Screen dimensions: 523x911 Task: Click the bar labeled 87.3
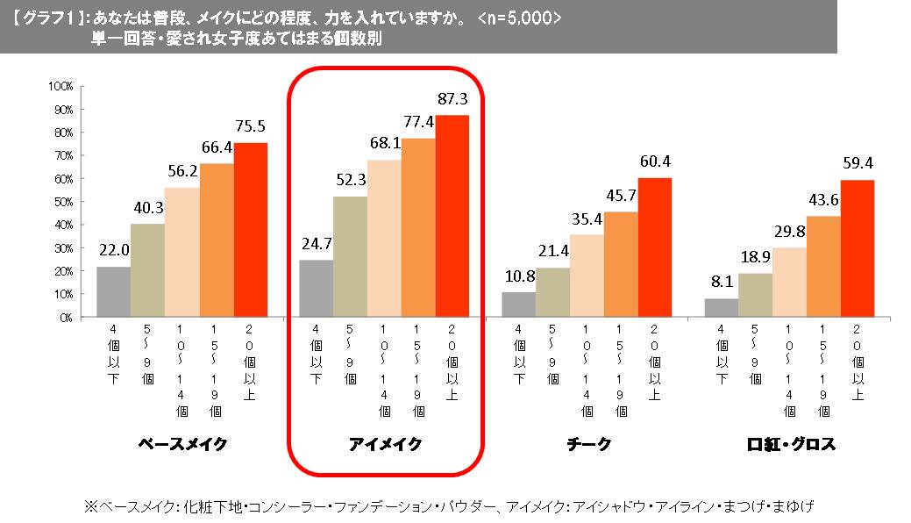coord(452,216)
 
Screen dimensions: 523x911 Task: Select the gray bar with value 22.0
coord(113,292)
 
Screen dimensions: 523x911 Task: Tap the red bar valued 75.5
coord(250,230)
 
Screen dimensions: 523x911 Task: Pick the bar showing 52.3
coord(350,257)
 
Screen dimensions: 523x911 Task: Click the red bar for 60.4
coord(654,247)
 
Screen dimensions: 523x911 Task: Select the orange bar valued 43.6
coord(823,267)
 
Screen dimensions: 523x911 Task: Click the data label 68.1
coord(384,143)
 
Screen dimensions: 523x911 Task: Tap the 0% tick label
coord(66,318)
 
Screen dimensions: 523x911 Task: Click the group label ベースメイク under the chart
coord(182,444)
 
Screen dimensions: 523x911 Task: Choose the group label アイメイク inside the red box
coord(385,444)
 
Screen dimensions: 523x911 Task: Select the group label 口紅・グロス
coord(790,444)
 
